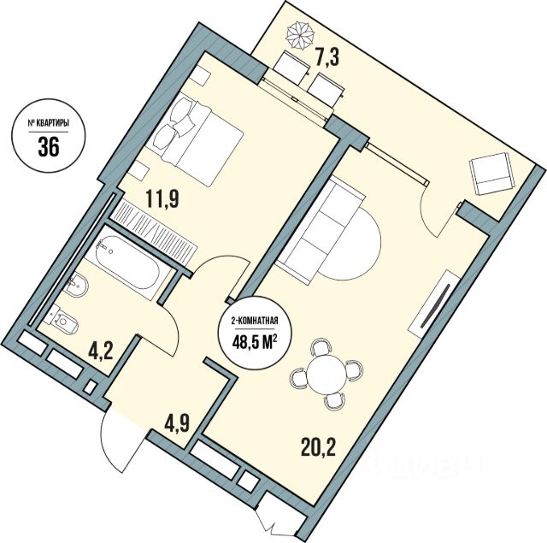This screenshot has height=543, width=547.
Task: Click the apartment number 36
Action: point(48,145)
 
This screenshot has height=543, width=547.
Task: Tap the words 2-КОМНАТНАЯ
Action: point(256,321)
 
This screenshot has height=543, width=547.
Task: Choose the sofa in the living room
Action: point(321,227)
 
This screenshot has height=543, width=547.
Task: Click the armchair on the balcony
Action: point(493,174)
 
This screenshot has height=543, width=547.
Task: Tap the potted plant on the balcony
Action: point(300,33)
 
